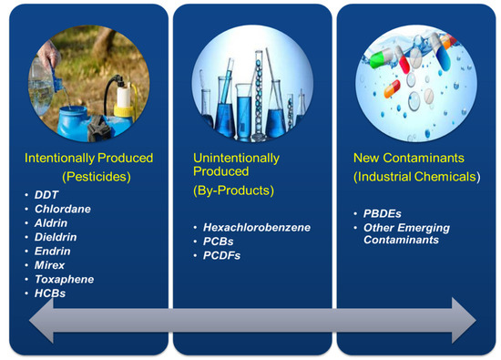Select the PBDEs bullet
[383, 212]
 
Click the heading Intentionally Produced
[88, 158]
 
